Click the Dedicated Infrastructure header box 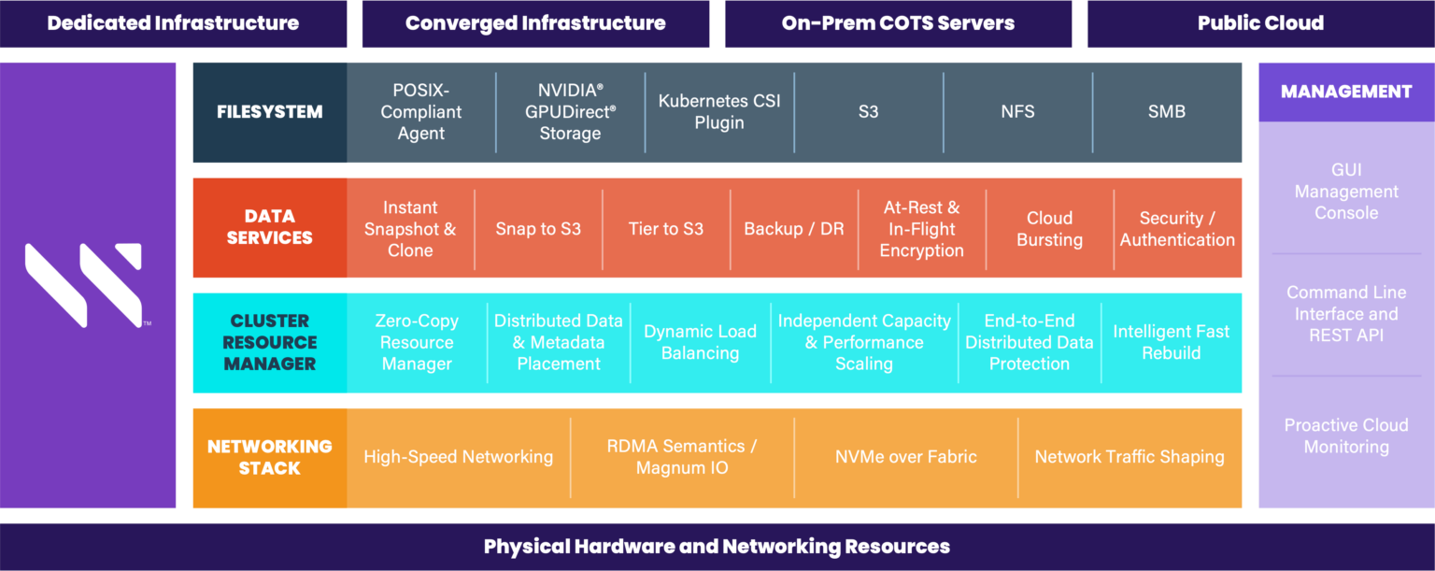(173, 23)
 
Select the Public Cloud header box (1260, 23)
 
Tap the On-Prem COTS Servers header (898, 23)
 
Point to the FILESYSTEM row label (270, 112)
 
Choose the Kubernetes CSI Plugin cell (719, 112)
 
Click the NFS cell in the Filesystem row (1017, 112)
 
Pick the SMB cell (1167, 112)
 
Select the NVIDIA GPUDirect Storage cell (570, 112)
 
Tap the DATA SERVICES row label (270, 227)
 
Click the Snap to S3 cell (538, 229)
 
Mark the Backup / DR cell (794, 229)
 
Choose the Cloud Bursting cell (1049, 229)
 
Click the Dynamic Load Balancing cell (700, 342)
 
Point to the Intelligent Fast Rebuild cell (1171, 342)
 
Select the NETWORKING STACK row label (270, 458)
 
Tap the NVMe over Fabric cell (906, 458)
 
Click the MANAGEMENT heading (1346, 92)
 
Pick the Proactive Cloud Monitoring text (1346, 435)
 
